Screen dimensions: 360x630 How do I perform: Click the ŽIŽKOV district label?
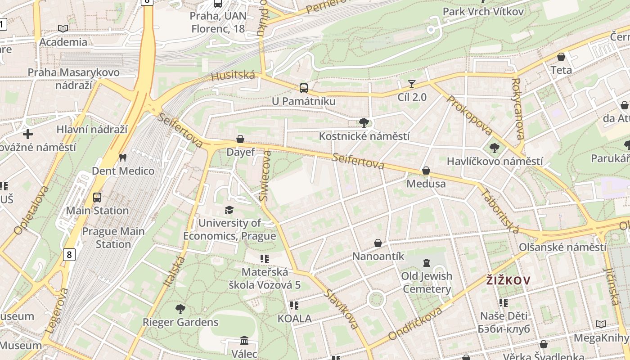508,281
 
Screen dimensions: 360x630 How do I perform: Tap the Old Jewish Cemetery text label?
427,283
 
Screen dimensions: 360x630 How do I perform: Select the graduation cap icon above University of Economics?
229,210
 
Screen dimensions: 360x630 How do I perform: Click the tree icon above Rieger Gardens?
180,309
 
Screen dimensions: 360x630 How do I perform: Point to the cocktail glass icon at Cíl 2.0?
412,84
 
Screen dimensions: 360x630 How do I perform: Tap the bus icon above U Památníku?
304,88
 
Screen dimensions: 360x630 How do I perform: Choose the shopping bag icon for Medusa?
426,171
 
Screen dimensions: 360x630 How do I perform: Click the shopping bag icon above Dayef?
240,139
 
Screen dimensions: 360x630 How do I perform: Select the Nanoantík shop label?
378,256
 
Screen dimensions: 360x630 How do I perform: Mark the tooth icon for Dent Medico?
122,158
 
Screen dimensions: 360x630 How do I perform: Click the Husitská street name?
233,76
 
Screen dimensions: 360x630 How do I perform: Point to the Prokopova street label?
469,115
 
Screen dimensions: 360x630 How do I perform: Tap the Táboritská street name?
500,211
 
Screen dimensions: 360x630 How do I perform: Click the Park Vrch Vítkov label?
483,12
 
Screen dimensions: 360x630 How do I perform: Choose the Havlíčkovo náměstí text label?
495,161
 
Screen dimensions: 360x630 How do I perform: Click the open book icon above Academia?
63,29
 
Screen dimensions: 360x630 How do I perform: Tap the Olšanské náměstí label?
562,247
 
